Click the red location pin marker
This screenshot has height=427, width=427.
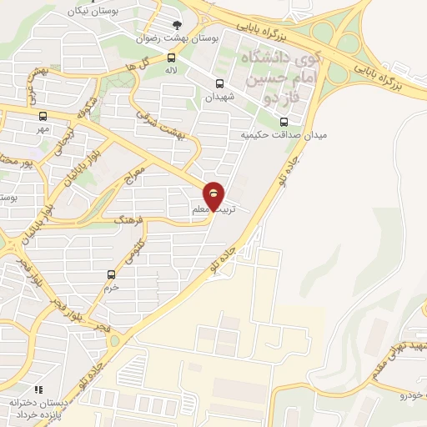(214, 196)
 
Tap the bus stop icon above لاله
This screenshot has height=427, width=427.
(171, 58)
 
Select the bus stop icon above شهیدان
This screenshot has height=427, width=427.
(219, 83)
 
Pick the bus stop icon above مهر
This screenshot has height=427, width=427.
(43, 116)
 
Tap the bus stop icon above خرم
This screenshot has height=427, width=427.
(111, 274)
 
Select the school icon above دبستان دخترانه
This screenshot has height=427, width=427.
(37, 389)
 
